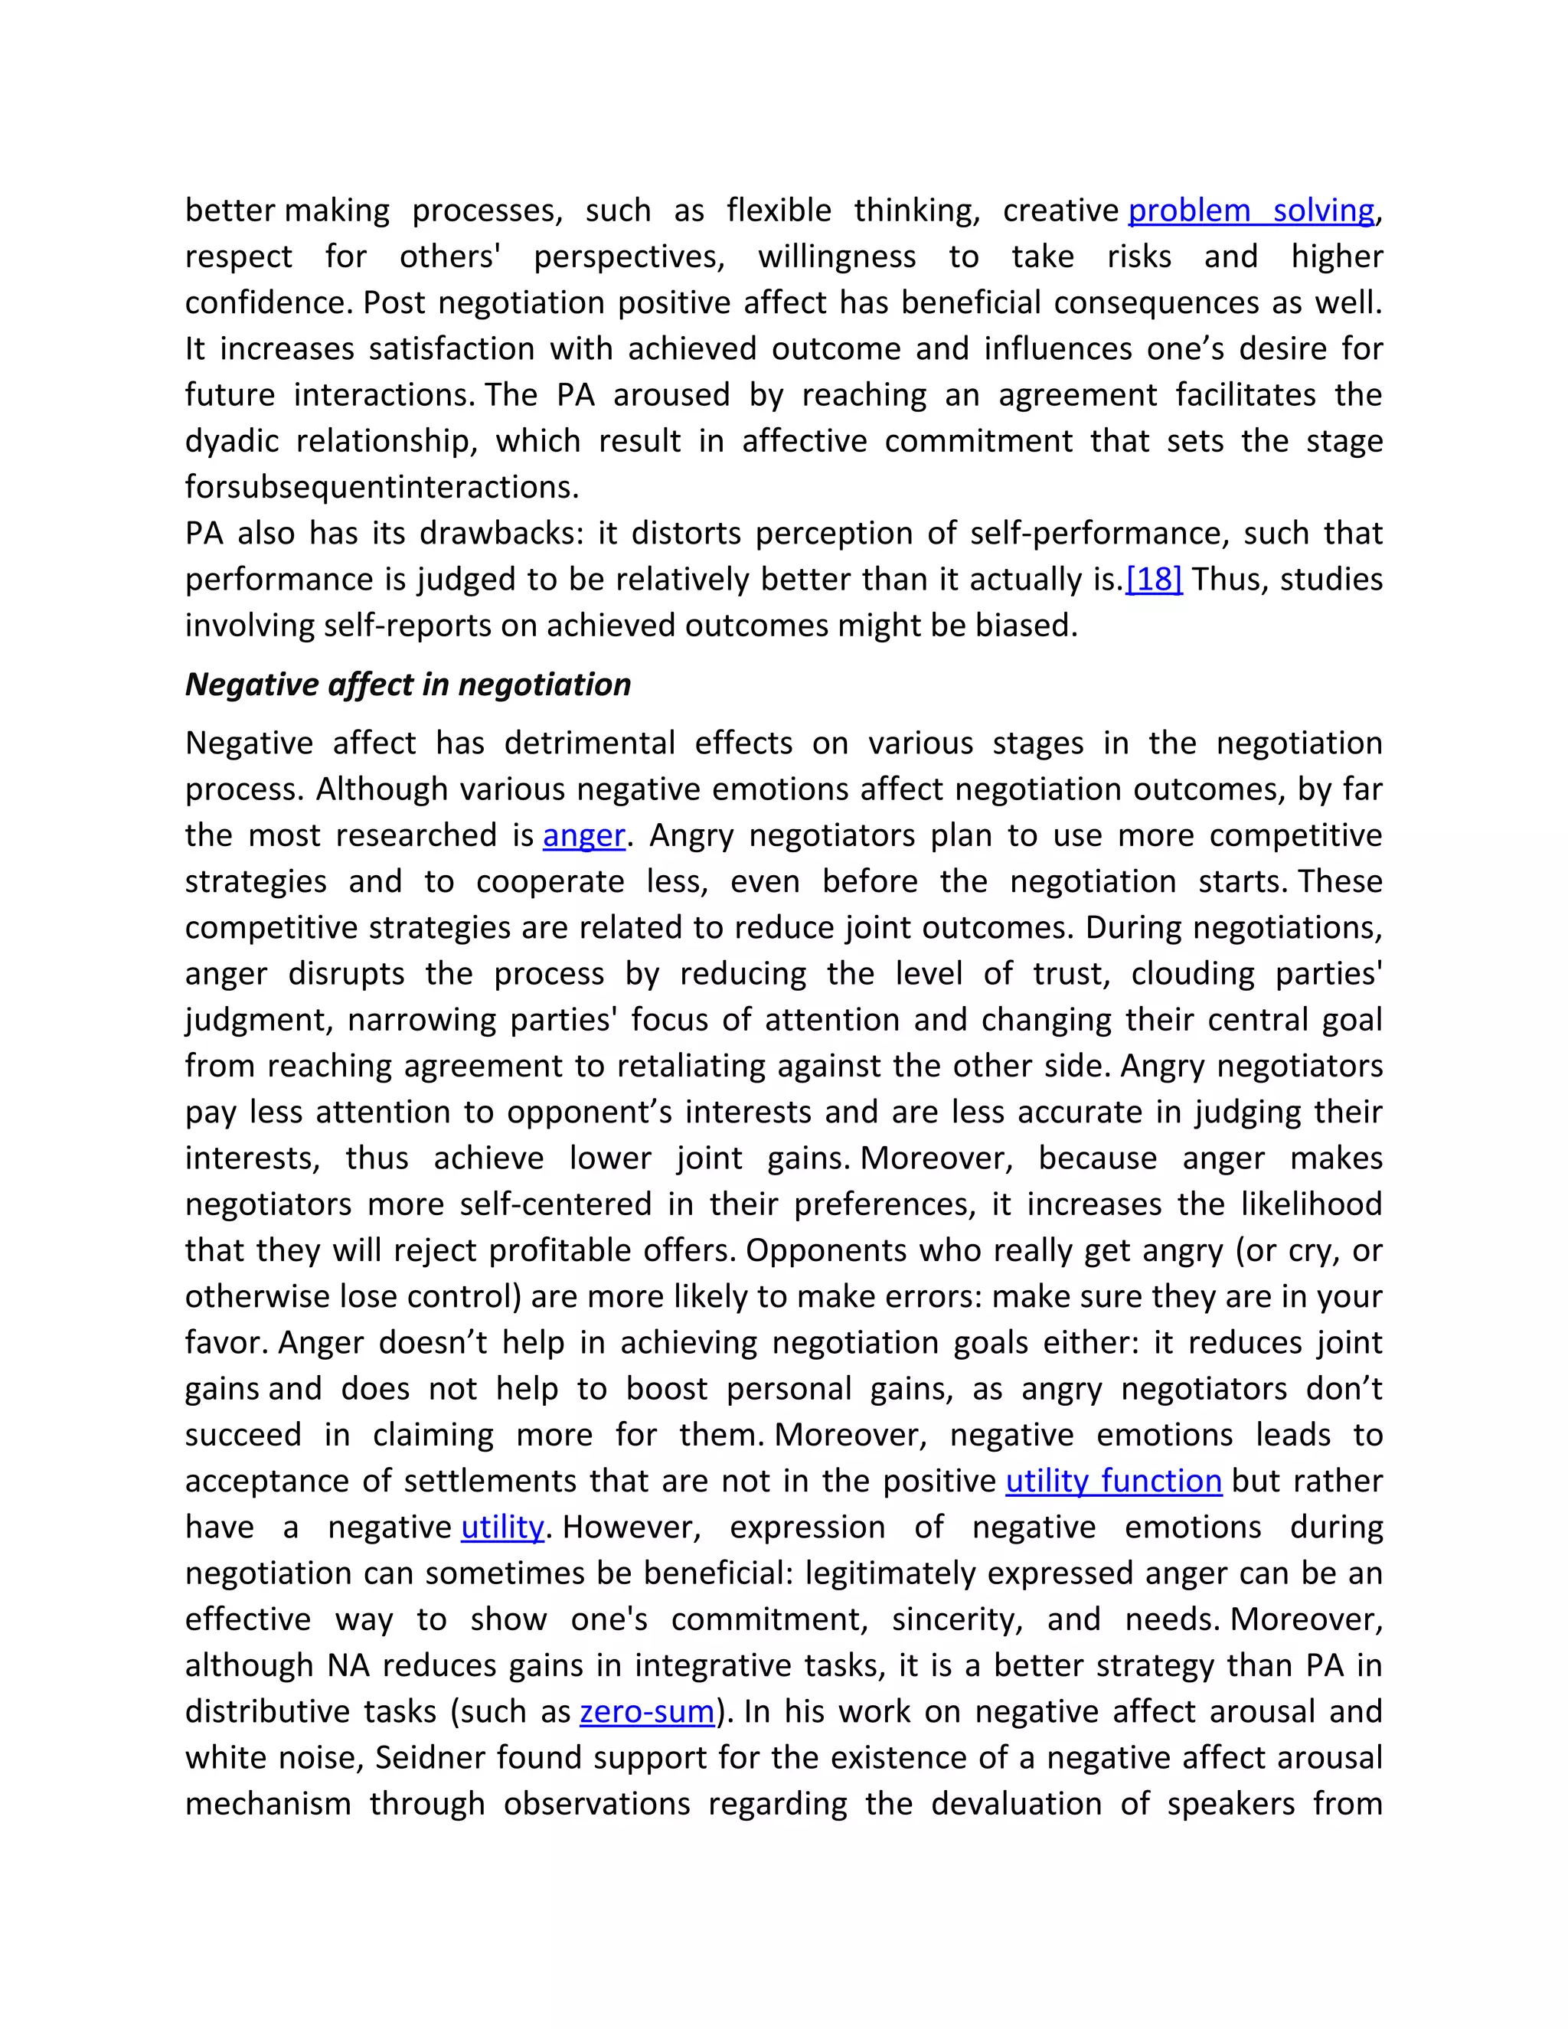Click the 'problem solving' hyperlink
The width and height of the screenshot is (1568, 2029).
pyautogui.click(x=1250, y=211)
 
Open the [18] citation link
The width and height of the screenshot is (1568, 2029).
pyautogui.click(x=1154, y=580)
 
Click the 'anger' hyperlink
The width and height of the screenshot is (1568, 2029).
pyautogui.click(x=584, y=835)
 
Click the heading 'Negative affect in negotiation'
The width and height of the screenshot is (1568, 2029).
pyautogui.click(x=408, y=685)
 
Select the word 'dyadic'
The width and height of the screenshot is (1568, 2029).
pyautogui.click(x=230, y=441)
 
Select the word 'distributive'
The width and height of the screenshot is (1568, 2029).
pyautogui.click(x=266, y=1711)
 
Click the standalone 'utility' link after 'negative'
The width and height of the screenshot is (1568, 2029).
pyautogui.click(x=501, y=1527)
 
